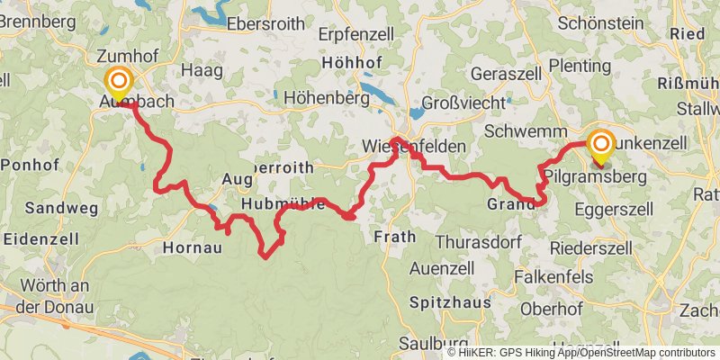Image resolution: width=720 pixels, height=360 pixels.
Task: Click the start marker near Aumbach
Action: click(118, 83)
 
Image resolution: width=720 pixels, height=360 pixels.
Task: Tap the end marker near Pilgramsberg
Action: click(601, 147)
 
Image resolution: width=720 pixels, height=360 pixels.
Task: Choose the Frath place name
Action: click(393, 238)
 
